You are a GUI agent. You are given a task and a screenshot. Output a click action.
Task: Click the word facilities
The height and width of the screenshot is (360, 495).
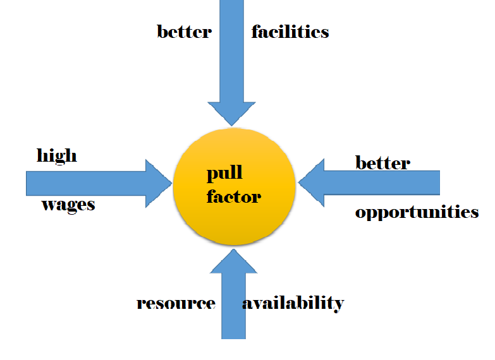(290, 32)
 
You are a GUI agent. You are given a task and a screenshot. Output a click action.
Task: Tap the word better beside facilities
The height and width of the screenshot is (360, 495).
(184, 32)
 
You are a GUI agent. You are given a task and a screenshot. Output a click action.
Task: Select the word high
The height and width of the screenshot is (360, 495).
(57, 155)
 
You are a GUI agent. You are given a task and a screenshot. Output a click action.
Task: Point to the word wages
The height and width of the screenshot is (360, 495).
(68, 204)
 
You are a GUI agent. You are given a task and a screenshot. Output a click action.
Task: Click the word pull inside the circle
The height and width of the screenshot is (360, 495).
(224, 174)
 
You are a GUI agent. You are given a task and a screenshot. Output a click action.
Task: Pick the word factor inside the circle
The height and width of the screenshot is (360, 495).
(233, 196)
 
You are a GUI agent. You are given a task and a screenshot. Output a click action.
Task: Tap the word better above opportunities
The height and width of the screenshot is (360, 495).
(382, 163)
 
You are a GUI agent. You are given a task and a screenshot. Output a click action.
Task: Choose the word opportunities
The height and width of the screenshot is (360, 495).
(417, 212)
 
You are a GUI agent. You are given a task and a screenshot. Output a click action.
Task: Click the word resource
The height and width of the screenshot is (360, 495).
(176, 303)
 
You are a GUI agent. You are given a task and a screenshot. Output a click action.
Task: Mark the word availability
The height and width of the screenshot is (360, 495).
(293, 303)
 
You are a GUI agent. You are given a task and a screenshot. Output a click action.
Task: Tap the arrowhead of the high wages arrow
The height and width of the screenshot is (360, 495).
(158, 183)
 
